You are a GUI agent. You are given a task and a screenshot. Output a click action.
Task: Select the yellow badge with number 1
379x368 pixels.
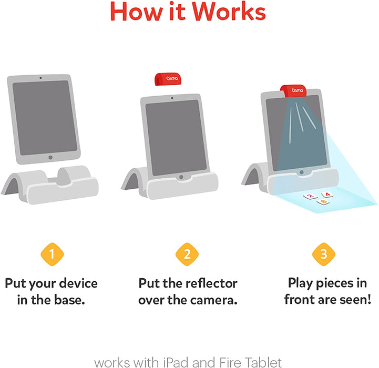(52, 255)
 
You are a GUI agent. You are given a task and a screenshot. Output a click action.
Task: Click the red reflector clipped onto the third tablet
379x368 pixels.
(293, 91)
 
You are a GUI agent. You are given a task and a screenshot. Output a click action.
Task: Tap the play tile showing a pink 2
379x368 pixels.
(310, 197)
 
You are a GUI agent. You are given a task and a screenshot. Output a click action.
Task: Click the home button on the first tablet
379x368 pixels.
(50, 157)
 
